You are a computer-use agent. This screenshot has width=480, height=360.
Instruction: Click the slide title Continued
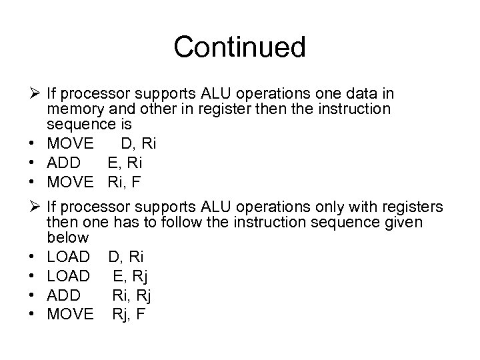239,47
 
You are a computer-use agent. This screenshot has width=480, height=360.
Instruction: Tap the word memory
75,109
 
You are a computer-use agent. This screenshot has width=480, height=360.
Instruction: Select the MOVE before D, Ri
71,143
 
